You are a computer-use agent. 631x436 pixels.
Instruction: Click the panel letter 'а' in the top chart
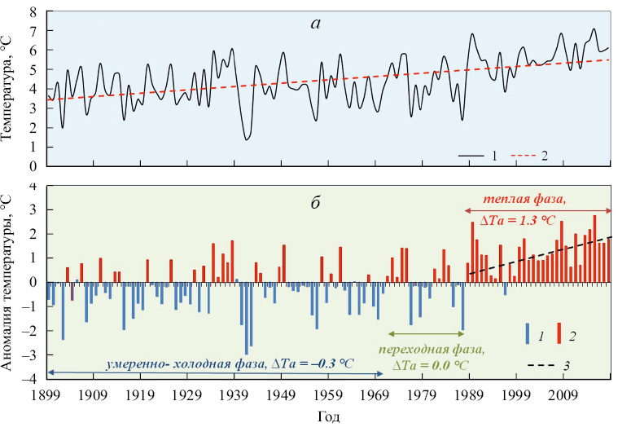point(316,24)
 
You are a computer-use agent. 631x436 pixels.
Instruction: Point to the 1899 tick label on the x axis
point(46,395)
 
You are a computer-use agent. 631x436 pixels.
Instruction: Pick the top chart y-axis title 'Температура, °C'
point(11,90)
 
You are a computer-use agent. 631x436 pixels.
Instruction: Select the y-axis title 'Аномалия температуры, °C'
point(11,281)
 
